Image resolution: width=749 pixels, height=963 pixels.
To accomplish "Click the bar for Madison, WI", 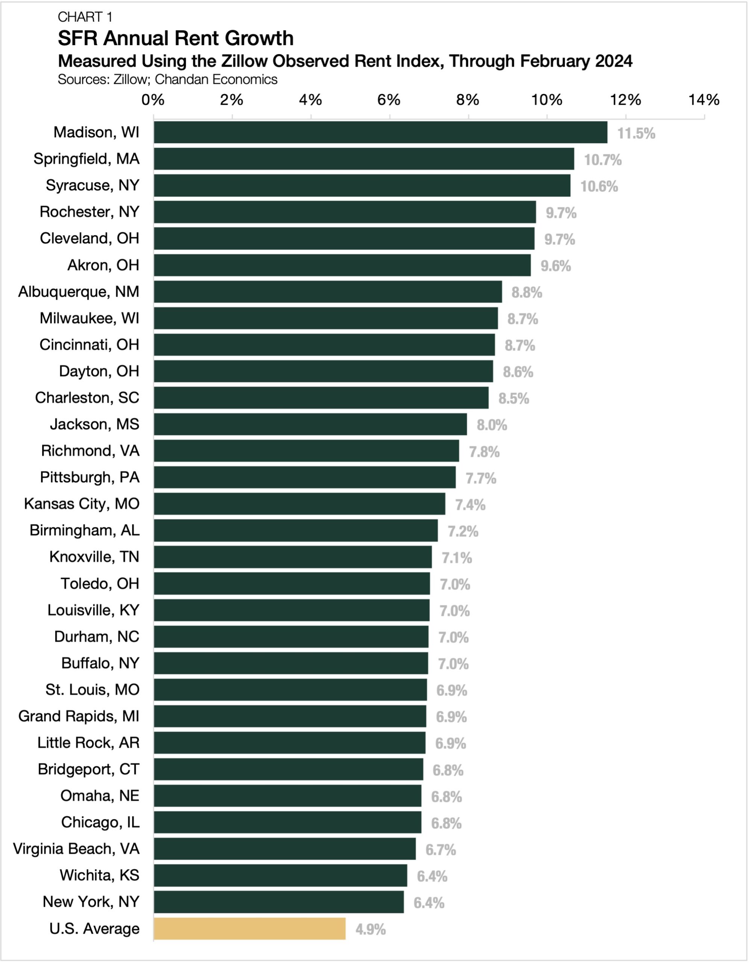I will (x=380, y=132).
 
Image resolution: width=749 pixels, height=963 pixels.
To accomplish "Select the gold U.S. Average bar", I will (x=249, y=929).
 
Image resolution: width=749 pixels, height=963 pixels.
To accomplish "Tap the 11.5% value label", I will (x=636, y=133).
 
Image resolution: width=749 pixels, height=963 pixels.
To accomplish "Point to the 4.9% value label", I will (x=370, y=930).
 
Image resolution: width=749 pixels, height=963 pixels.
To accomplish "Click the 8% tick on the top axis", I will (x=468, y=100).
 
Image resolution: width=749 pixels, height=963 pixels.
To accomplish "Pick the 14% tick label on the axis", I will (x=703, y=100).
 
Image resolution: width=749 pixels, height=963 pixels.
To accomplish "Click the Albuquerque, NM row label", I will (x=79, y=292).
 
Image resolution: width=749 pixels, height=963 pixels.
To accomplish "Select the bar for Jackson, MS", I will (x=310, y=424).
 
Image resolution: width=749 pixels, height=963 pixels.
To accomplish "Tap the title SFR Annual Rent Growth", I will (x=175, y=38).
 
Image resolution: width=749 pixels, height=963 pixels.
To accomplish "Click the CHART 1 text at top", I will (x=85, y=17).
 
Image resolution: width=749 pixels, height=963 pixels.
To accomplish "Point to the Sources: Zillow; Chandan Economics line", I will (x=167, y=79).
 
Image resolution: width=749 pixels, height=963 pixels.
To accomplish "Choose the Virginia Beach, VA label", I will (x=76, y=849).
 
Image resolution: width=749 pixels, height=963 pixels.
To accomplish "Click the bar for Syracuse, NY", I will (x=362, y=185).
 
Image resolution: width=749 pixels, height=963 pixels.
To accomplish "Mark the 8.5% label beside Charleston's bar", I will (x=514, y=399).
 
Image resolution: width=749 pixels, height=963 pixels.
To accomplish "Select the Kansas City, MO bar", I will (x=299, y=504).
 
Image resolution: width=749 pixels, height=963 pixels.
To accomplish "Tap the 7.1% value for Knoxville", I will (x=457, y=558).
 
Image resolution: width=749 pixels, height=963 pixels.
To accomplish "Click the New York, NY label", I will (x=91, y=902).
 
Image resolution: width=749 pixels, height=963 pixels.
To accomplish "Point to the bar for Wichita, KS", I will (x=280, y=875).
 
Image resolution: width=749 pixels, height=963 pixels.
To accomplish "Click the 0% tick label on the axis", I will (x=153, y=100).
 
